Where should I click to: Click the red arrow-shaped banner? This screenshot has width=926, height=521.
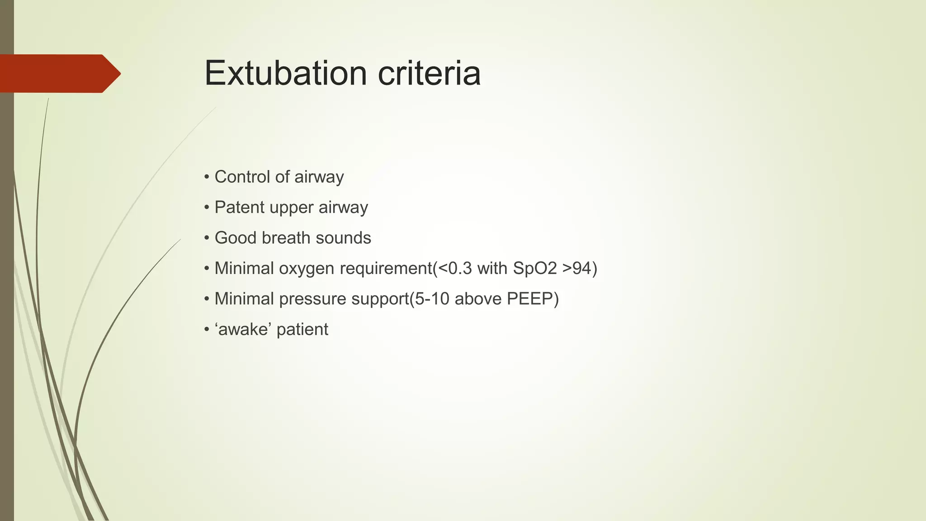pos(59,73)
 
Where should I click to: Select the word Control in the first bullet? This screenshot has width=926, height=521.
pos(242,177)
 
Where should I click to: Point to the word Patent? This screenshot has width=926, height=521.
pos(239,207)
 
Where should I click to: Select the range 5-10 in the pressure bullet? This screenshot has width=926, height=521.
pos(432,299)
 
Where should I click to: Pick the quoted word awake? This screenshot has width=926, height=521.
pos(244,329)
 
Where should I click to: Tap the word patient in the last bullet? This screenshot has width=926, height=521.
pos(302,330)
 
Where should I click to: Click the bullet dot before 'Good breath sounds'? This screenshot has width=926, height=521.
pos(207,238)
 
